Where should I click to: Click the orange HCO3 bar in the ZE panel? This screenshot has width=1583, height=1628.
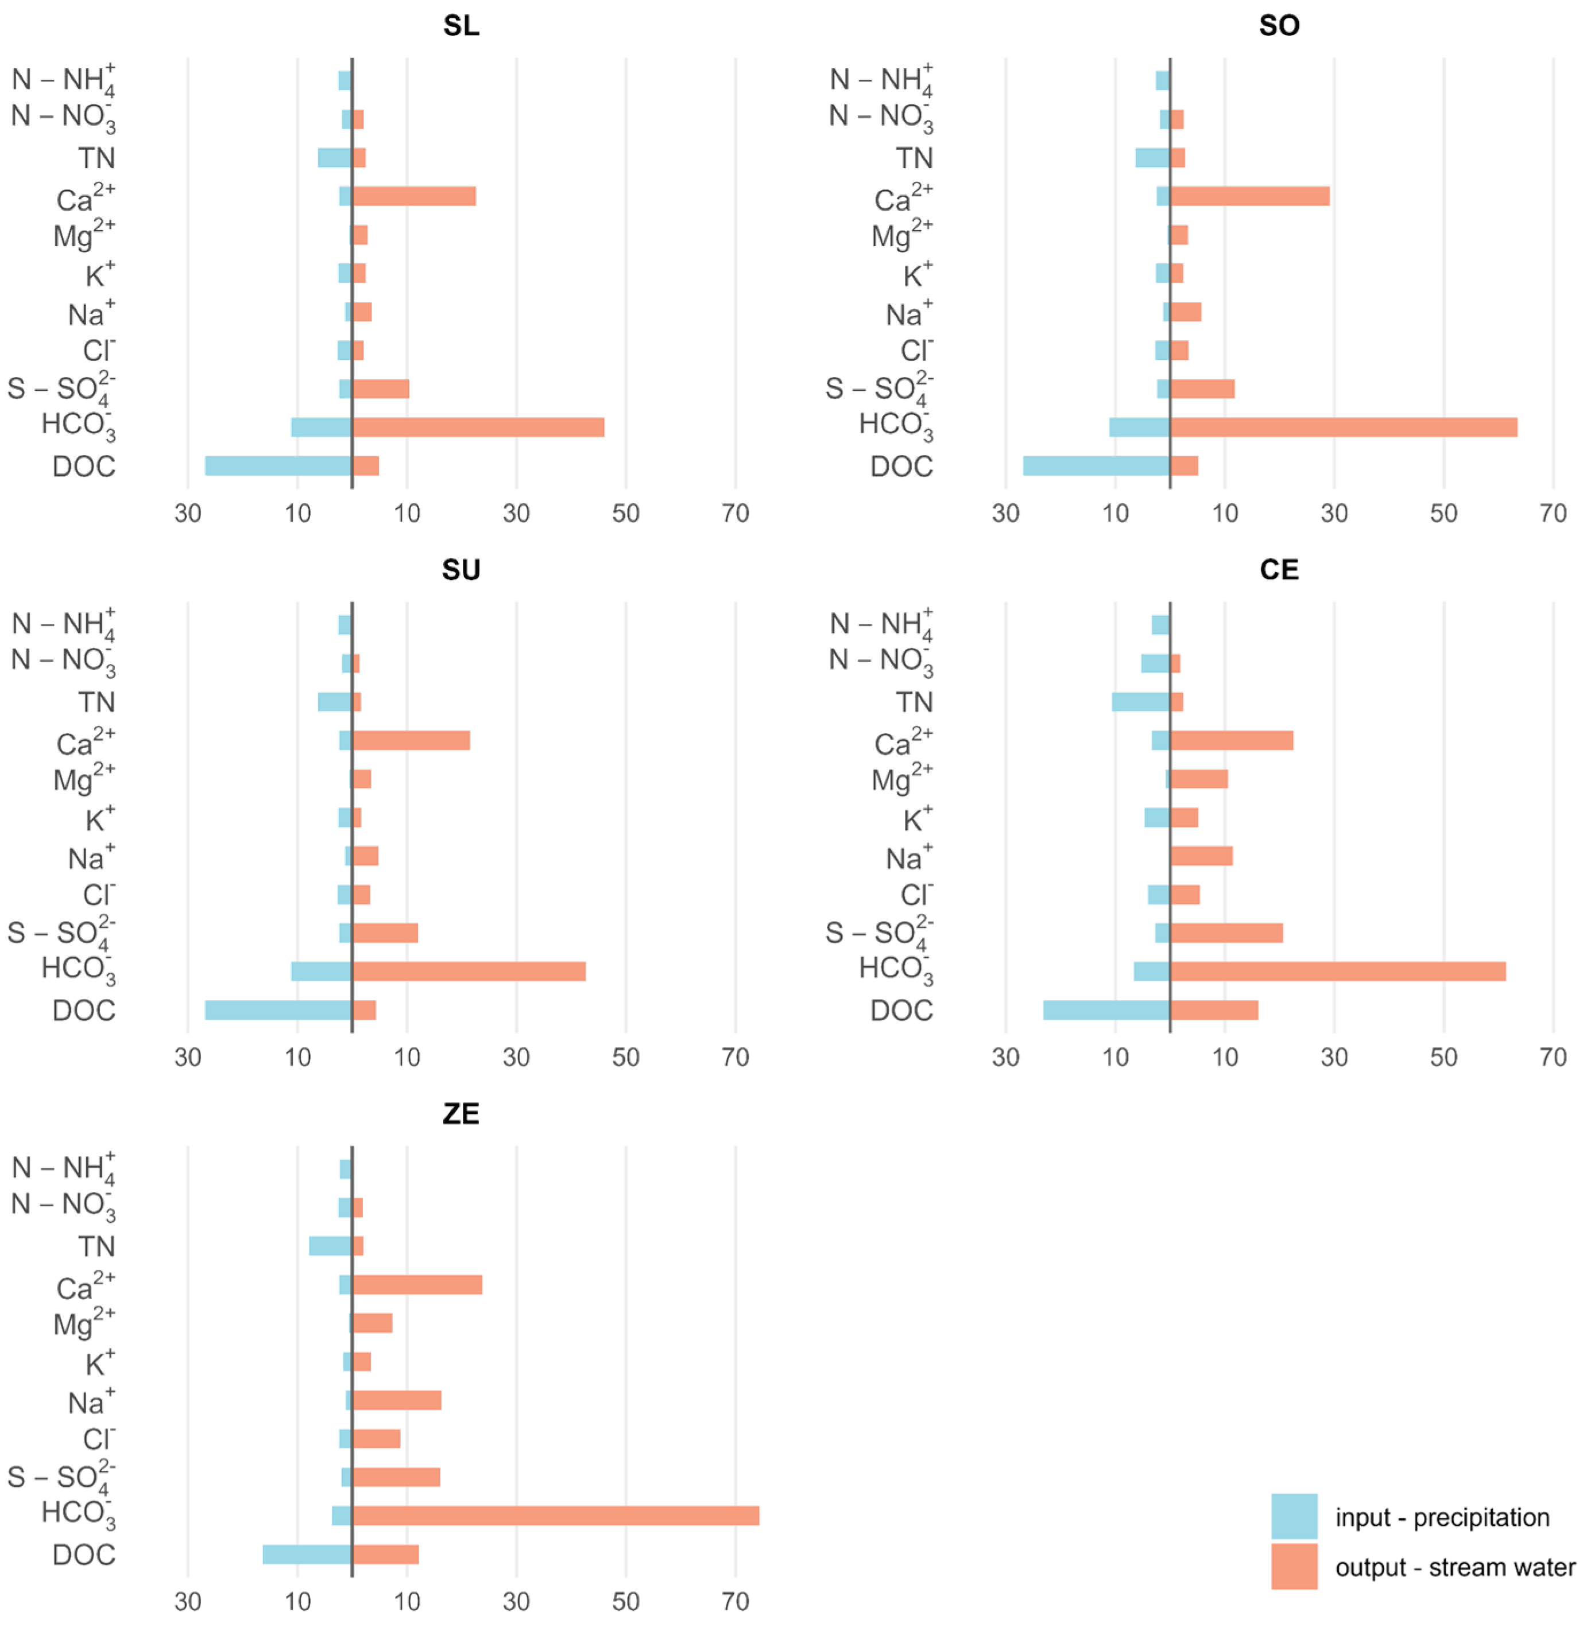point(555,1515)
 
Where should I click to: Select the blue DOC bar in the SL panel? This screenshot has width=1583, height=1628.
point(278,465)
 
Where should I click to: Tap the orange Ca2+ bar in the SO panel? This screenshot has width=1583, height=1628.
point(1249,196)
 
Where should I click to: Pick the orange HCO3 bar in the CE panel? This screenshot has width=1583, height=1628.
point(1338,970)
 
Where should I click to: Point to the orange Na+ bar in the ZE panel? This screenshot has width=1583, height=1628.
point(397,1400)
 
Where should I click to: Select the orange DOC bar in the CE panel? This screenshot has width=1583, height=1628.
point(1214,1010)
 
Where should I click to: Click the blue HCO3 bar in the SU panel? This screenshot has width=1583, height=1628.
point(321,970)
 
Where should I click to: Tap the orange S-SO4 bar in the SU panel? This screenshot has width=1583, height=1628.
point(385,932)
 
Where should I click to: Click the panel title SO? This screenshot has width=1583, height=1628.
point(1279,26)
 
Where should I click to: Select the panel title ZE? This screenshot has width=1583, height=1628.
point(460,1114)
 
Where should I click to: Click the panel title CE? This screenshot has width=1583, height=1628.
point(1279,569)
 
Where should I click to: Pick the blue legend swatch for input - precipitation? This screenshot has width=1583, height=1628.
point(1294,1517)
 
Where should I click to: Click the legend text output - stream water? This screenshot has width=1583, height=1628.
point(1455,1567)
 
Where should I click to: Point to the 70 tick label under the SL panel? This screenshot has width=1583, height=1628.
point(735,513)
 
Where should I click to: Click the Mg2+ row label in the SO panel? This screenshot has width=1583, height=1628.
point(901,235)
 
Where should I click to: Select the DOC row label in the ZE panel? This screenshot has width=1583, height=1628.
point(83,1555)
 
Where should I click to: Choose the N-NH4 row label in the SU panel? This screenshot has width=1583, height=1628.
point(63,625)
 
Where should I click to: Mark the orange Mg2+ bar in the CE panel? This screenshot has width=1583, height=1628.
point(1199,779)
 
